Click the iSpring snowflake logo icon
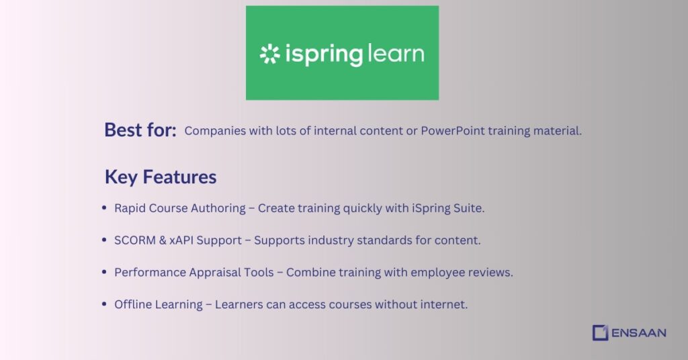pyautogui.click(x=269, y=54)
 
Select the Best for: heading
pyautogui.click(x=140, y=130)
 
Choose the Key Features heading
pyautogui.click(x=161, y=177)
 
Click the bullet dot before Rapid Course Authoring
pyautogui.click(x=104, y=208)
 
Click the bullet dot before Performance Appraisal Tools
pyautogui.click(x=104, y=272)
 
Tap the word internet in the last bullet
pyautogui.click(x=443, y=304)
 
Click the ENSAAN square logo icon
pyautogui.click(x=600, y=332)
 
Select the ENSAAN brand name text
pyautogui.click(x=639, y=332)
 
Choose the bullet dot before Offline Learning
pyautogui.click(x=104, y=304)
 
